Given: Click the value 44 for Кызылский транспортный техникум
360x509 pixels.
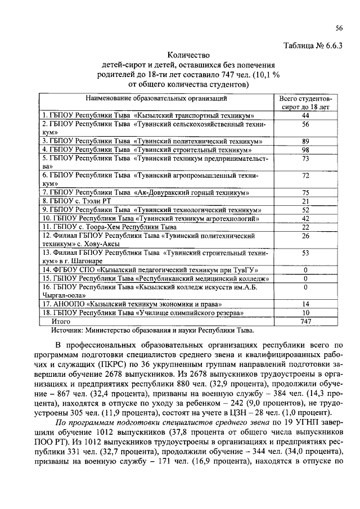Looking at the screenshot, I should click(306, 115).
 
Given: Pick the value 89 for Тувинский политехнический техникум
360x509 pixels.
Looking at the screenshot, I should click(306, 141).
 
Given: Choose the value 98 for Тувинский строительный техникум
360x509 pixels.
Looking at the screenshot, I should click(306, 150).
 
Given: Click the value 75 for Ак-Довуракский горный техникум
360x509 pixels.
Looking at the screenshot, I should click(306, 192).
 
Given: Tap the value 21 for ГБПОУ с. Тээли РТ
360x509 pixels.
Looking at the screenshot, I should click(306, 201).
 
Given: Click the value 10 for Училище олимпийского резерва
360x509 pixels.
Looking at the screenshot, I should click(306, 313).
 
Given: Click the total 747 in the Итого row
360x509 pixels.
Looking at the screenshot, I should click(306, 321).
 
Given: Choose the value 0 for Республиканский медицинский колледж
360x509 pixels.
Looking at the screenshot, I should click(306, 278).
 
